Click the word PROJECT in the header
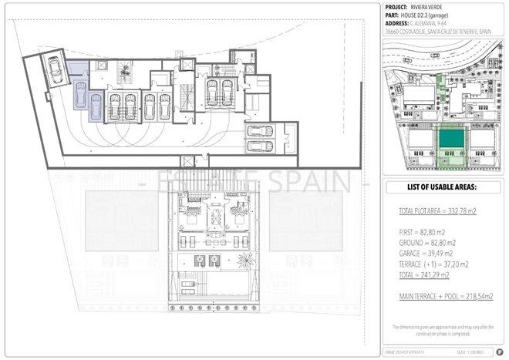[396, 6]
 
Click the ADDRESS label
[397, 23]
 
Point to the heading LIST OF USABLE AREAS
[442, 187]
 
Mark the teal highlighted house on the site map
[452, 140]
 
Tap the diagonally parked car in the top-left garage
[56, 70]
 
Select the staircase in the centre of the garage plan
[185, 97]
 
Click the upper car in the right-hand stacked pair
[260, 130]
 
